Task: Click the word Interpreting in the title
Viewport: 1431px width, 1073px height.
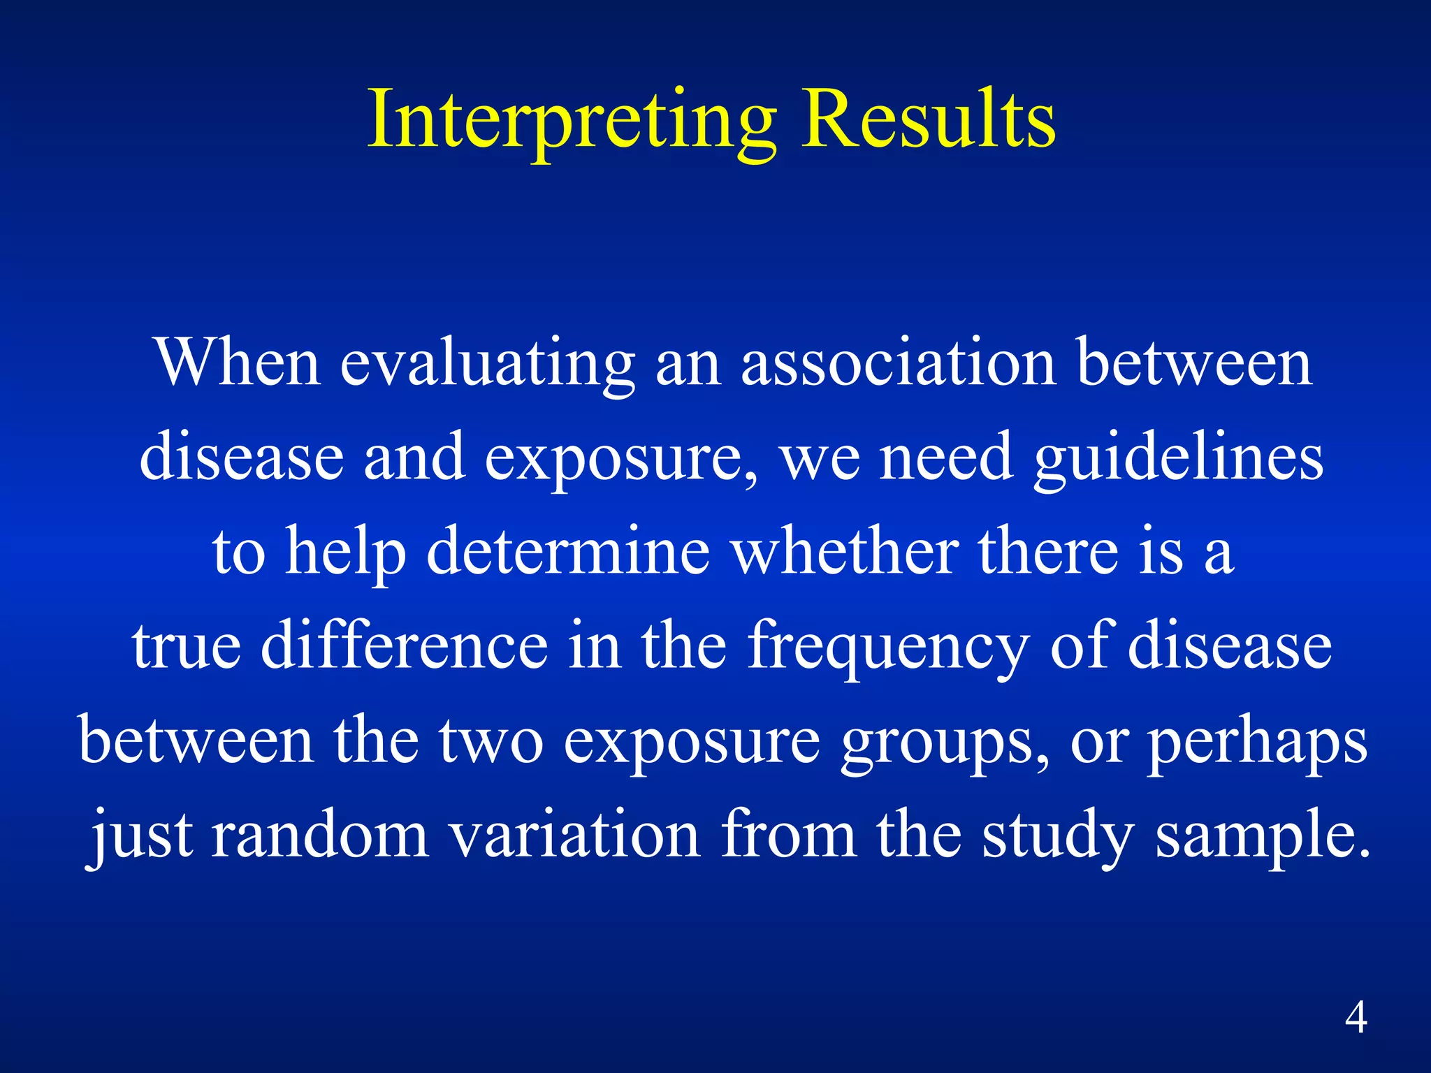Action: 572,120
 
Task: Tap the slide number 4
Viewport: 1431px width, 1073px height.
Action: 1356,1018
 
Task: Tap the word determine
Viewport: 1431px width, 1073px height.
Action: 567,552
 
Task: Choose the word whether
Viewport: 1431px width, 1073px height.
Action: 844,552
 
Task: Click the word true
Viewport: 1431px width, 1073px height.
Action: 186,646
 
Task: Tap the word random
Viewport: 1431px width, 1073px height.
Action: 319,835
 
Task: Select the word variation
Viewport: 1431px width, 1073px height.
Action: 574,835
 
